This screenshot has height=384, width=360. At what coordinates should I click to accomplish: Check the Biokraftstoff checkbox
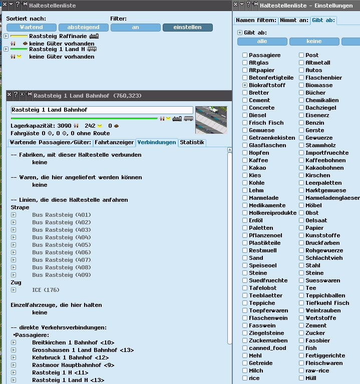tap(245, 85)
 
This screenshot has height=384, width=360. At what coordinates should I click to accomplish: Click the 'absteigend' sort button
tap(83, 28)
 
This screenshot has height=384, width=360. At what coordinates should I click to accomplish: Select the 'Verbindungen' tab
tap(157, 142)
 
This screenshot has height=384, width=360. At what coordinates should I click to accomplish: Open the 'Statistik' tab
tap(192, 142)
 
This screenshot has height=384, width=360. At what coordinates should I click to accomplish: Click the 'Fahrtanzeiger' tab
tap(114, 142)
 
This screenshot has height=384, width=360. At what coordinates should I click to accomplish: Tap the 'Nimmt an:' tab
tap(294, 21)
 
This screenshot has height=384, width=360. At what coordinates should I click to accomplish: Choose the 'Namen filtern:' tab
tap(256, 21)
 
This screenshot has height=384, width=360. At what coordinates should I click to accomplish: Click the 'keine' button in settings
tap(314, 42)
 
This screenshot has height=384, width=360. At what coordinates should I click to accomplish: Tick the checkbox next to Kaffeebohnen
tap(301, 160)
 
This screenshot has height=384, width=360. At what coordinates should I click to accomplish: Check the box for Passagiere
tap(245, 55)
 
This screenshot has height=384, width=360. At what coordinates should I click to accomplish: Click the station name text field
tap(102, 110)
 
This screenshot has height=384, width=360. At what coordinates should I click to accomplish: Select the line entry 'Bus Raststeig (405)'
tap(62, 245)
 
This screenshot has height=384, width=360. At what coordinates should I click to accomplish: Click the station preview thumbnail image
tap(211, 120)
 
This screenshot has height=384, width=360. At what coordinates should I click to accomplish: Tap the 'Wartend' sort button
tap(31, 28)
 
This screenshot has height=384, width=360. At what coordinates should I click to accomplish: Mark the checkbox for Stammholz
tap(301, 145)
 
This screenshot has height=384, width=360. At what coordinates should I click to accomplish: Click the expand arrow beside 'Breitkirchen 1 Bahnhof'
tap(14, 342)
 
